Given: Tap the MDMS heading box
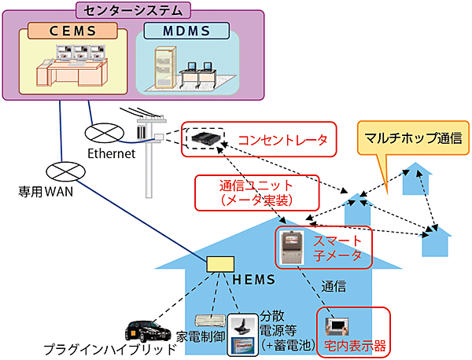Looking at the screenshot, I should point(188,32).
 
